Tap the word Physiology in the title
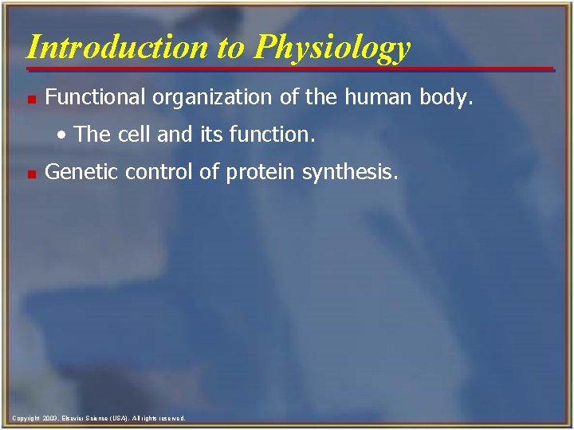point(333,48)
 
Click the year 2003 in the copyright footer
point(49,418)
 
